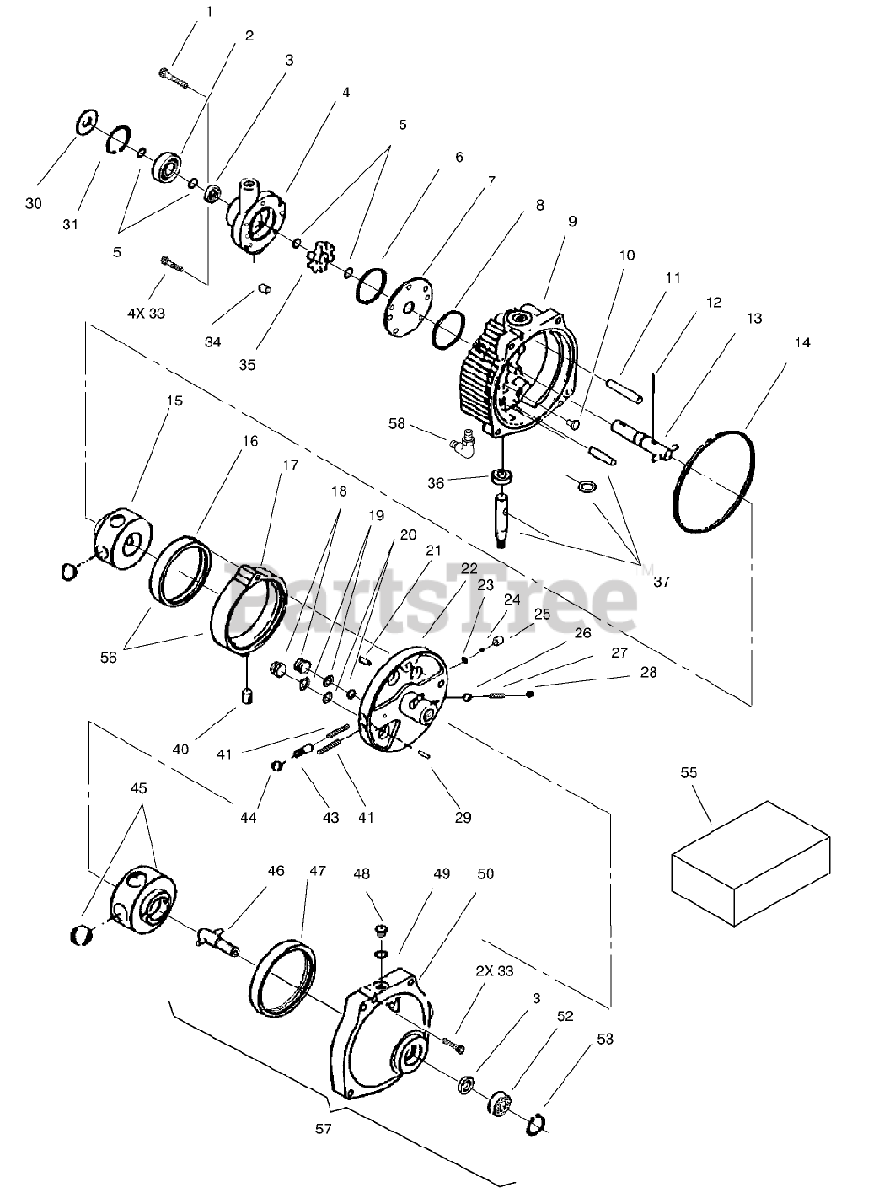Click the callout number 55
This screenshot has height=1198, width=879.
click(x=689, y=773)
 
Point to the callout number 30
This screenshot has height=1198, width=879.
click(x=34, y=203)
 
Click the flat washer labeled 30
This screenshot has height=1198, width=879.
click(x=86, y=123)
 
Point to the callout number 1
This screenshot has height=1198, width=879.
click(x=209, y=11)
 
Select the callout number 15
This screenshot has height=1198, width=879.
click(x=175, y=401)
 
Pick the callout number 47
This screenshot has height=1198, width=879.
click(x=317, y=870)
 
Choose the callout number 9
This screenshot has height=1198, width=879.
click(x=572, y=222)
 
